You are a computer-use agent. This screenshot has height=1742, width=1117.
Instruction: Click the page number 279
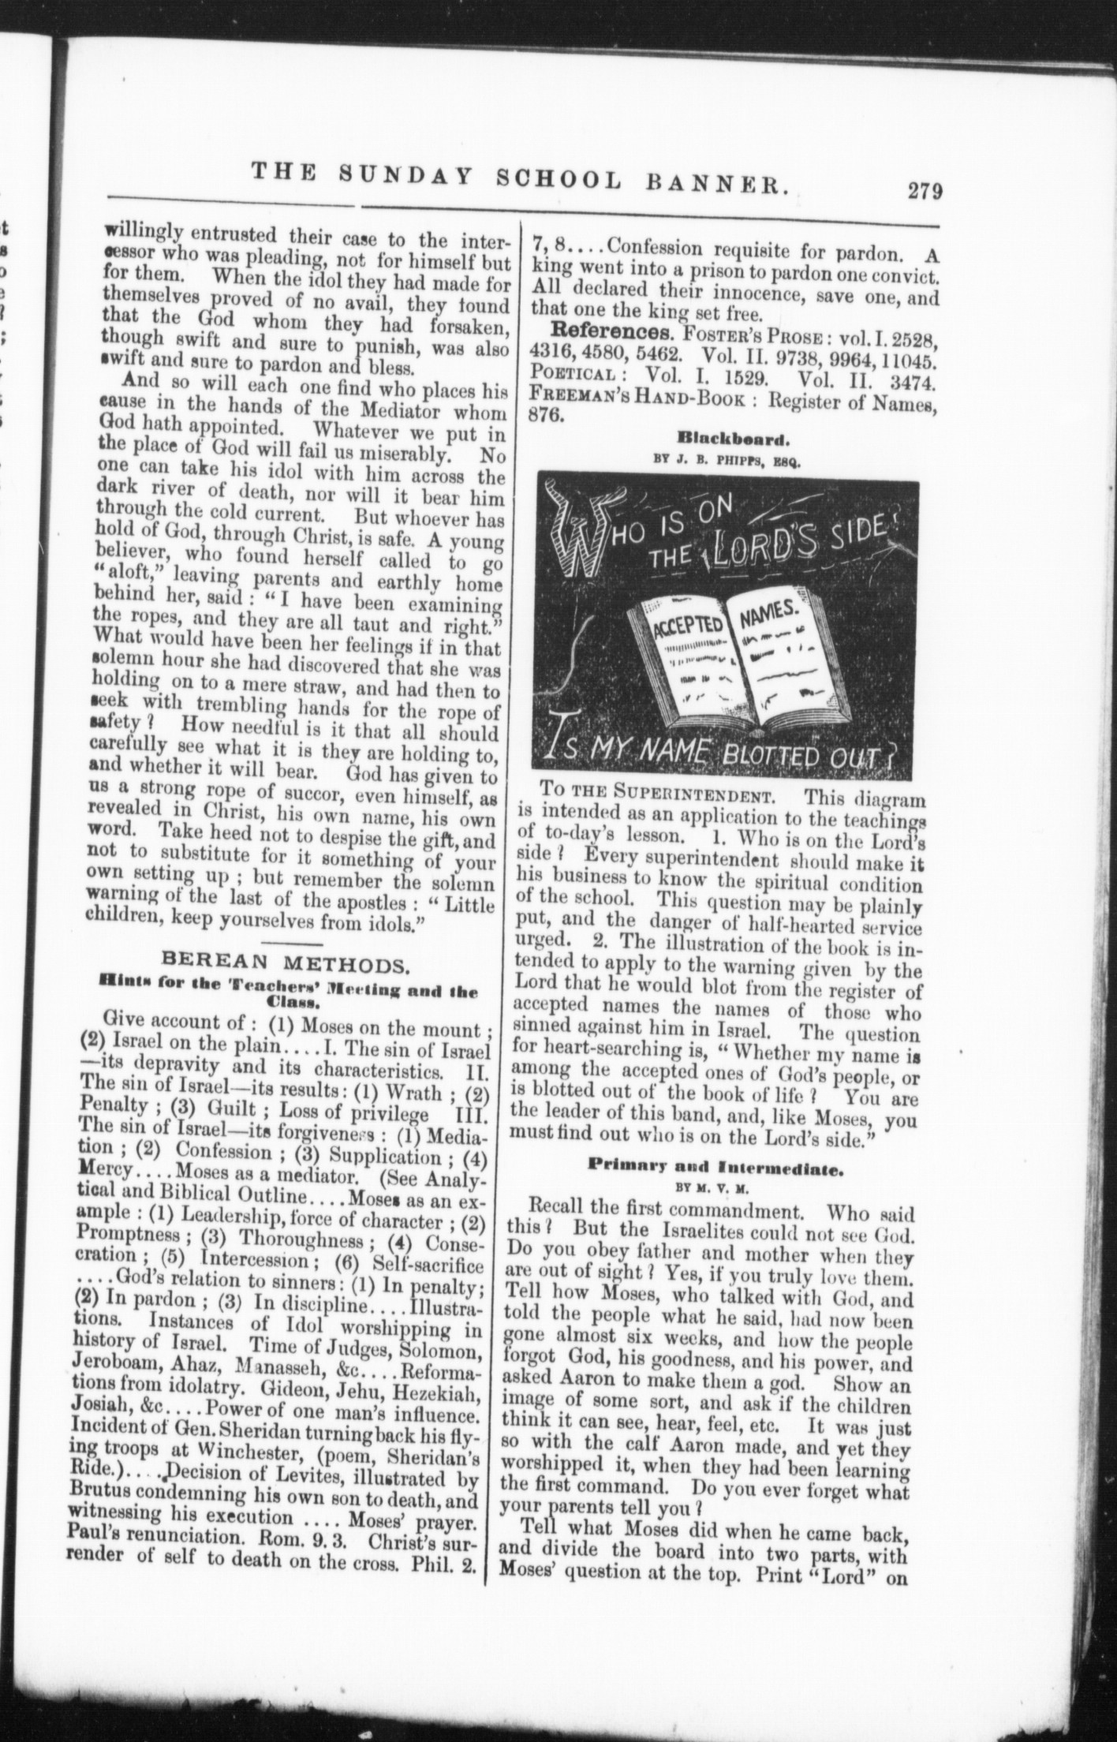(925, 192)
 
